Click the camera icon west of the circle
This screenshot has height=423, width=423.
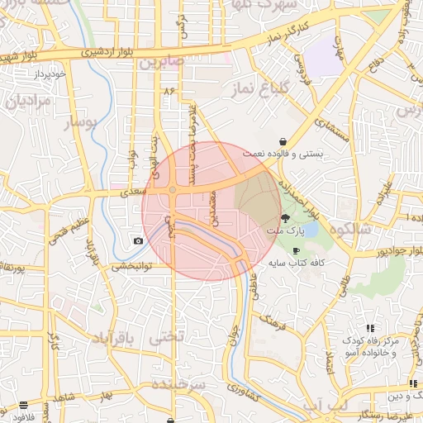click(x=137, y=240)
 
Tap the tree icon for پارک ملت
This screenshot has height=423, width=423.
click(x=286, y=219)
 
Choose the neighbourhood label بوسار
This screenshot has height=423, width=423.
click(x=81, y=123)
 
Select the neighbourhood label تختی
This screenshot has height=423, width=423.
click(x=160, y=339)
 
